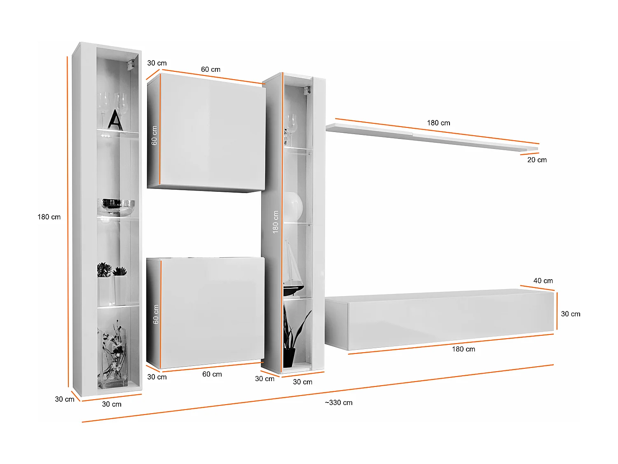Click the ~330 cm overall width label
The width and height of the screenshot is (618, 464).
[x=338, y=403]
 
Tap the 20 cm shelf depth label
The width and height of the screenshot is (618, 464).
[x=537, y=160]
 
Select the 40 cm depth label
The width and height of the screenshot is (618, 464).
[x=543, y=281]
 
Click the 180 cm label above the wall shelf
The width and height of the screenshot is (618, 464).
[x=438, y=123]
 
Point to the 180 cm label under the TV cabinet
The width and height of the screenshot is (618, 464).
[x=463, y=349]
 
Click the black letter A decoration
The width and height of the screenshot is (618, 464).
[x=115, y=120]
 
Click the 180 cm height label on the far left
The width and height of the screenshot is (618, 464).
[x=49, y=217]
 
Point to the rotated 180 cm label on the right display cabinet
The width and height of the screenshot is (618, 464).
[x=276, y=222]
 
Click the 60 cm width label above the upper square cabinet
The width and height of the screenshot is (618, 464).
[x=211, y=70]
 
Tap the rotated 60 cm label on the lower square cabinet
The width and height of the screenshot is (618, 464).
[x=156, y=314]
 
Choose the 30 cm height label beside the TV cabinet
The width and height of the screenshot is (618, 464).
[x=570, y=314]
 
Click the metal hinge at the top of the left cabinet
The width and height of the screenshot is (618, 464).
[x=131, y=65]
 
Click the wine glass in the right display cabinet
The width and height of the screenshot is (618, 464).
[x=291, y=126]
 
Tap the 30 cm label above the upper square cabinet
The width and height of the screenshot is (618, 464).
[x=157, y=63]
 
